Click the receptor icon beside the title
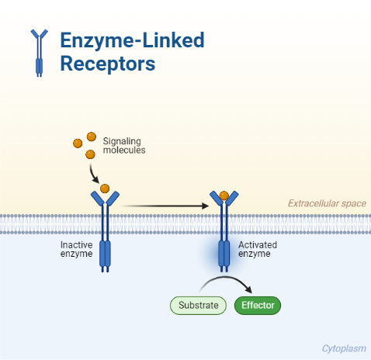click(39, 53)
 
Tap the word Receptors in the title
click(108, 64)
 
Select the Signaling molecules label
click(124, 145)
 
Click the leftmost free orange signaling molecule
click(78, 144)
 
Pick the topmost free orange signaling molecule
click(92, 137)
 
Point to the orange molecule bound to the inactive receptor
click(105, 189)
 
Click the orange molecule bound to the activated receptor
click(224, 195)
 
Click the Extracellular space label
click(327, 204)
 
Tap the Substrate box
click(198, 305)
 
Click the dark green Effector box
click(258, 305)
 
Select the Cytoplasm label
click(343, 349)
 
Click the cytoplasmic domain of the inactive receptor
click(105, 254)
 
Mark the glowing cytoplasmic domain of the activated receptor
click(224, 254)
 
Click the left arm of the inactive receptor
click(97, 199)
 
